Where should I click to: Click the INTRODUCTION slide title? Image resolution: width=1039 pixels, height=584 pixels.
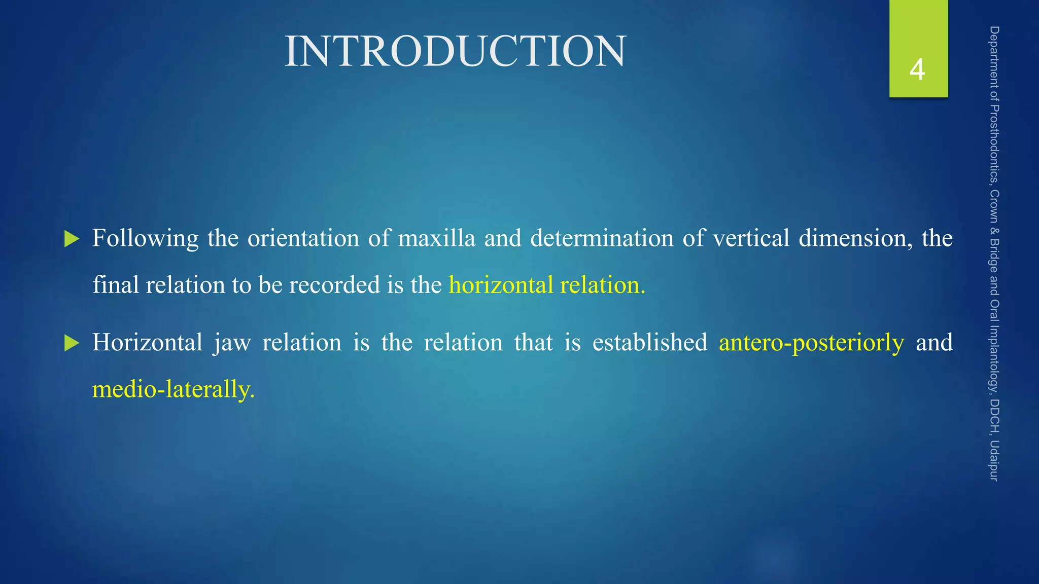tap(455, 51)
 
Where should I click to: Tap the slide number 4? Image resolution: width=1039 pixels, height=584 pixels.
tap(917, 70)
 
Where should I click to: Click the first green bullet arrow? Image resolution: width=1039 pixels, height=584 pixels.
tap(72, 239)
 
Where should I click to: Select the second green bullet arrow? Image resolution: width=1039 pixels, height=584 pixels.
tap(72, 343)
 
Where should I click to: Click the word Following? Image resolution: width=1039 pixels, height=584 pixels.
tap(145, 239)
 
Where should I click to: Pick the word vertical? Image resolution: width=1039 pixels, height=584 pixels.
tap(751, 239)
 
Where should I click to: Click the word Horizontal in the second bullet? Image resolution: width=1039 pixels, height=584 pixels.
tap(147, 343)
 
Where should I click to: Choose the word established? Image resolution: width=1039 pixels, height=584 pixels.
tap(649, 343)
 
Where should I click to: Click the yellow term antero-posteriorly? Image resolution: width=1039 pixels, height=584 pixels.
tap(811, 343)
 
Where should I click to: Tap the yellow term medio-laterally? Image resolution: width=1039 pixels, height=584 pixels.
tap(173, 390)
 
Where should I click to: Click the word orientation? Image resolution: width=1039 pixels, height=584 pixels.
tap(303, 239)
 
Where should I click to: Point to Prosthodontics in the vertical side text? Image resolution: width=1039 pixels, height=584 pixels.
tap(994, 144)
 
